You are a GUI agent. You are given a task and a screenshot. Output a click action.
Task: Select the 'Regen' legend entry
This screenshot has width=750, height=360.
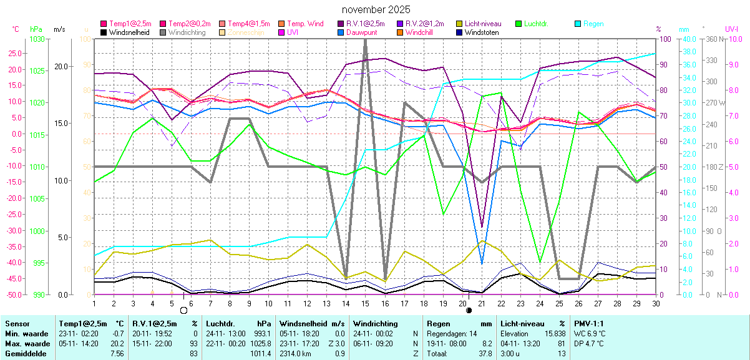(593, 24)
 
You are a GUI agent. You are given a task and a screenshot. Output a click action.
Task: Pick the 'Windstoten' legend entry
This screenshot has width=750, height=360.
(481, 32)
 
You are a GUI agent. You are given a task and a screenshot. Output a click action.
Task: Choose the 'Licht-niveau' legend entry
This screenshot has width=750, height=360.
(485, 24)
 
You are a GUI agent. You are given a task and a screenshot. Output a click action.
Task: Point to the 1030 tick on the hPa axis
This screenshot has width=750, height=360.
(37, 39)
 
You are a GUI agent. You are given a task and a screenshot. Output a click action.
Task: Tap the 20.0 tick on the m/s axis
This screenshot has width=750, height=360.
(60, 67)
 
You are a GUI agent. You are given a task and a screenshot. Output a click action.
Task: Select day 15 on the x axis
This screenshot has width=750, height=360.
(365, 303)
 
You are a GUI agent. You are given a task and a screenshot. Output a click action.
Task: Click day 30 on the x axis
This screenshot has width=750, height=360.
(655, 303)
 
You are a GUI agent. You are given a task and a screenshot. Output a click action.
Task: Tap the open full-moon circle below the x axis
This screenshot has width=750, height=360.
(183, 309)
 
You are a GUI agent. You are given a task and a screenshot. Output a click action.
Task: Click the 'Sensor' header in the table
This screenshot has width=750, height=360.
(17, 324)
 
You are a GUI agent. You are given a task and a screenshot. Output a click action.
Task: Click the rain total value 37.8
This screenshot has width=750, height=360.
(485, 354)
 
